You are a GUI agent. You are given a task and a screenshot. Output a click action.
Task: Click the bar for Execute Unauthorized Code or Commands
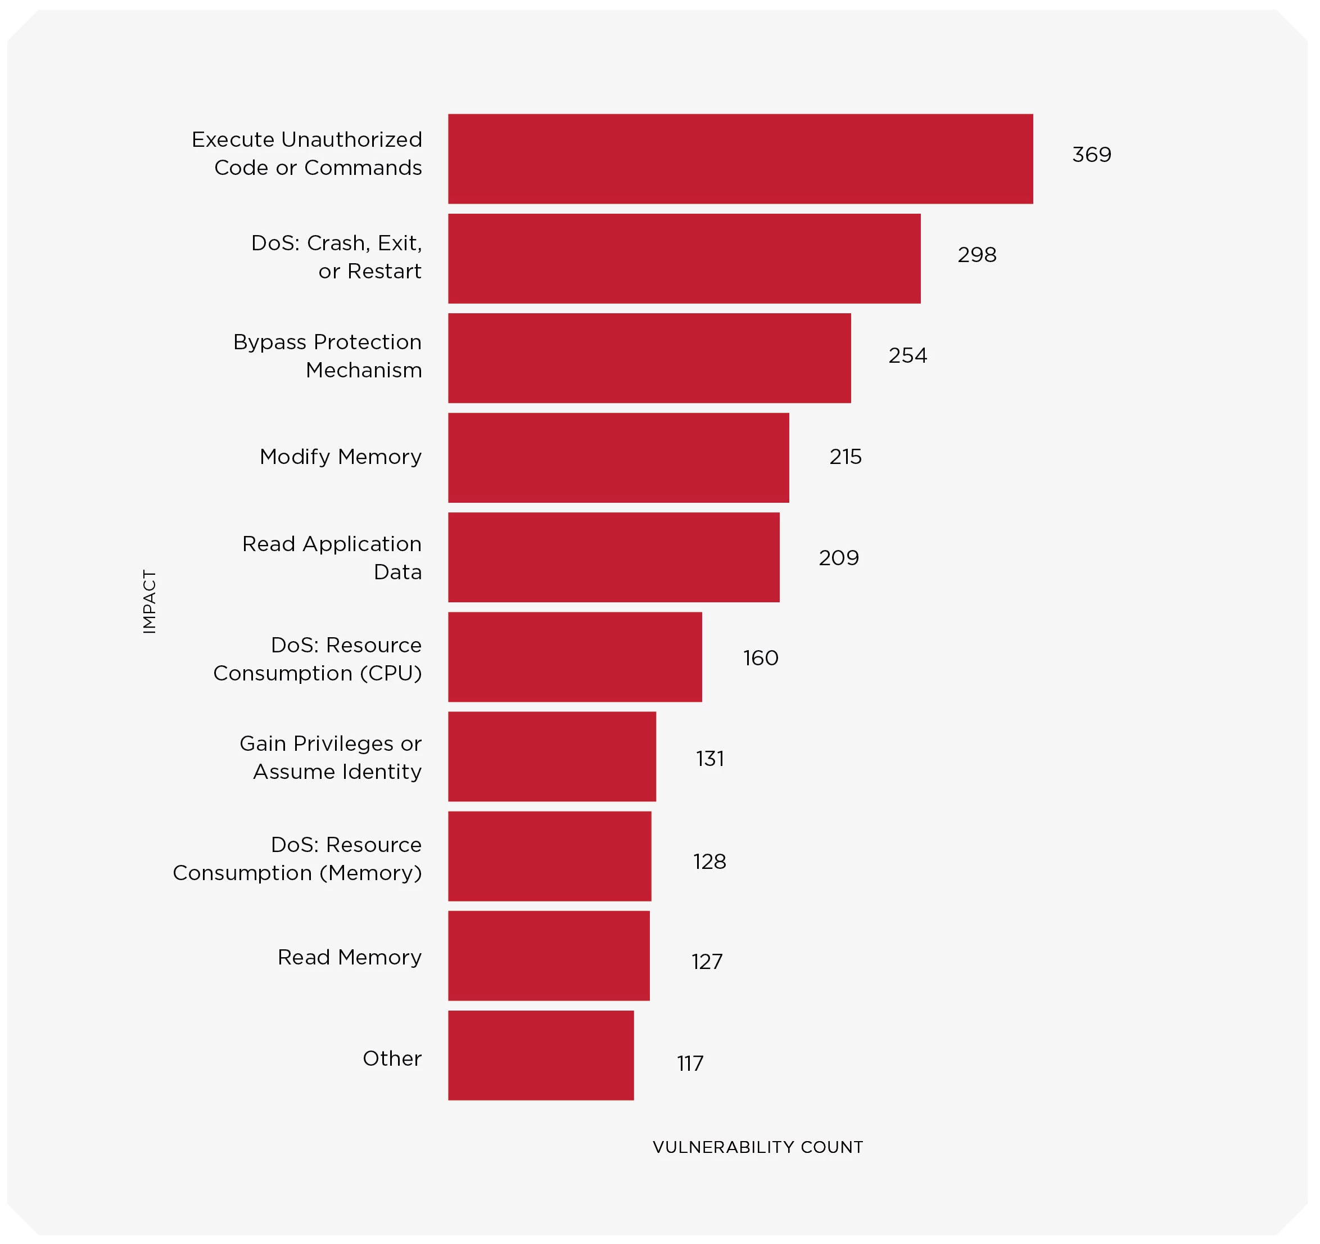point(740,159)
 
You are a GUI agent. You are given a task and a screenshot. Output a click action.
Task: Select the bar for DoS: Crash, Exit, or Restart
point(684,258)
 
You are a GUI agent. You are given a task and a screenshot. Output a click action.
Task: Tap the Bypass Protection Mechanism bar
point(649,358)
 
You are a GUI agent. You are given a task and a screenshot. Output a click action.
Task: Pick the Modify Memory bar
point(618,458)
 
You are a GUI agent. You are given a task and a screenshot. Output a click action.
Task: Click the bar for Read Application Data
point(613,557)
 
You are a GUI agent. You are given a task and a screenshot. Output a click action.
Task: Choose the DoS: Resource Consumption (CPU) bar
point(575,657)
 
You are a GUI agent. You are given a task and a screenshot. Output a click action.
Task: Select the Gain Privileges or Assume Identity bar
point(551,756)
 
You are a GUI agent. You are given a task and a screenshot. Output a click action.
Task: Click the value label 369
point(1092,155)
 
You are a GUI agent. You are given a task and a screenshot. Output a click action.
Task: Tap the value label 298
point(977,255)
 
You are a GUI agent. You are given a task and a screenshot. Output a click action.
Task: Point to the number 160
point(760,658)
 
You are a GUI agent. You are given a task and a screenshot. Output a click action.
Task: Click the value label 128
point(709,862)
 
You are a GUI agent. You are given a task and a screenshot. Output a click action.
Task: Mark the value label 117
point(690,1064)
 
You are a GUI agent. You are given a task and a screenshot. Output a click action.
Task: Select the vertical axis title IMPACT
point(150,602)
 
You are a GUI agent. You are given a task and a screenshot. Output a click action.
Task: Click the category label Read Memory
point(349,957)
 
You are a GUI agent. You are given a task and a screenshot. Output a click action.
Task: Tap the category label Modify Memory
point(341,457)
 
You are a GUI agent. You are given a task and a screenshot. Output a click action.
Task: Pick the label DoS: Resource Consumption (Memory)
point(297,859)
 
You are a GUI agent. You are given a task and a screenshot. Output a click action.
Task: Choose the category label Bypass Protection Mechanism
point(327,356)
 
